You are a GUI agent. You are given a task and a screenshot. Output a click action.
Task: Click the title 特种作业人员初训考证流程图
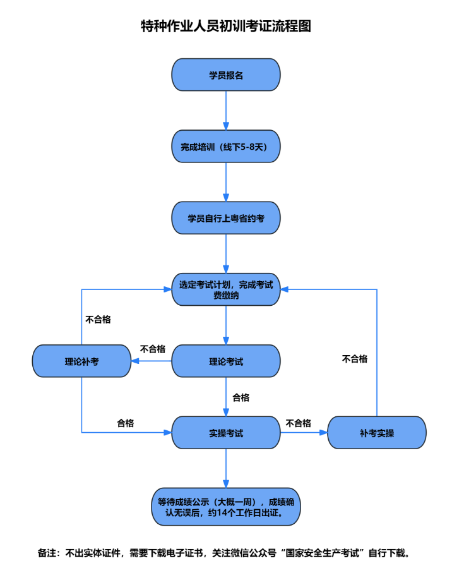coord(226,27)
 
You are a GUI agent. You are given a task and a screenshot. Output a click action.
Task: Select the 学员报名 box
coord(226,75)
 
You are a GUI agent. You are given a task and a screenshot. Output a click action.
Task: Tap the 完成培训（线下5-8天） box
coord(226,146)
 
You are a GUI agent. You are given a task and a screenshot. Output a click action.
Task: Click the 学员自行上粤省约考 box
coord(226,218)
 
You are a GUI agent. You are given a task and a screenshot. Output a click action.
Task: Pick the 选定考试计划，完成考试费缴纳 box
coord(226,289)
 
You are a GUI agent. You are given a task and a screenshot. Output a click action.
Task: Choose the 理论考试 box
coord(226,361)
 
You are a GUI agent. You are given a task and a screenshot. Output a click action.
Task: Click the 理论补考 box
coord(81,361)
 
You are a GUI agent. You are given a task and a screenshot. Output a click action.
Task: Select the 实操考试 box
coord(226,432)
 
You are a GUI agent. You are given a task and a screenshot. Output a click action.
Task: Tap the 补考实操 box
coord(377,432)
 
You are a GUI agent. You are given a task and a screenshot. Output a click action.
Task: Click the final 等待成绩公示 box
coord(226,507)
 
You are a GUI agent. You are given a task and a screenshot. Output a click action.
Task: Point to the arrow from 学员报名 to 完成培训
coord(226,111)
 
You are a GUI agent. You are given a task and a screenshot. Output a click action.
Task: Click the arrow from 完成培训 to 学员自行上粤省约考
coord(226,182)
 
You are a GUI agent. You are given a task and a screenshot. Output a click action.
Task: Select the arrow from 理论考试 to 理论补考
coord(152,361)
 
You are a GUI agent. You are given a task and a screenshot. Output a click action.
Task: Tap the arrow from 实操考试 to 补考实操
coord(304,432)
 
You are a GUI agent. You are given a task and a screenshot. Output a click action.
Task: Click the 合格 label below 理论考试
coord(241,397)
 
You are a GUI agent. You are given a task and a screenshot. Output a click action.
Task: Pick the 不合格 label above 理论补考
coord(98,319)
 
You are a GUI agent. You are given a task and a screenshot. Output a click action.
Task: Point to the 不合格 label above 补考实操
coord(355,359)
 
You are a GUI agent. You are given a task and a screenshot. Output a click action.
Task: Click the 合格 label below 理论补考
coord(126,423)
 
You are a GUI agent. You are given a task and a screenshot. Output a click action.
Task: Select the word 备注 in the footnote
coord(47,553)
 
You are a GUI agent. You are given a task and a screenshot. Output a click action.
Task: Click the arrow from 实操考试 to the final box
coord(226,468)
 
